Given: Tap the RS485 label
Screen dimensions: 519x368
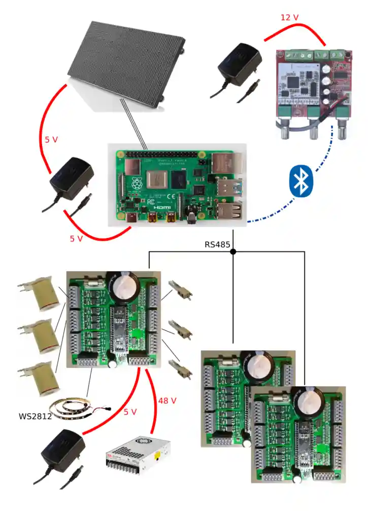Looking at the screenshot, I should (217, 244).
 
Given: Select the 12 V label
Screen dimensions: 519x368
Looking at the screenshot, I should (289, 18).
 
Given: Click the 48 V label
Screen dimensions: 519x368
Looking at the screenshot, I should (167, 400).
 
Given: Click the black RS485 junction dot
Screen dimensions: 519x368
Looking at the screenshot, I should (233, 251).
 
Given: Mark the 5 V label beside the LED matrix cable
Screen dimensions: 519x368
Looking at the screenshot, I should (51, 139).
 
